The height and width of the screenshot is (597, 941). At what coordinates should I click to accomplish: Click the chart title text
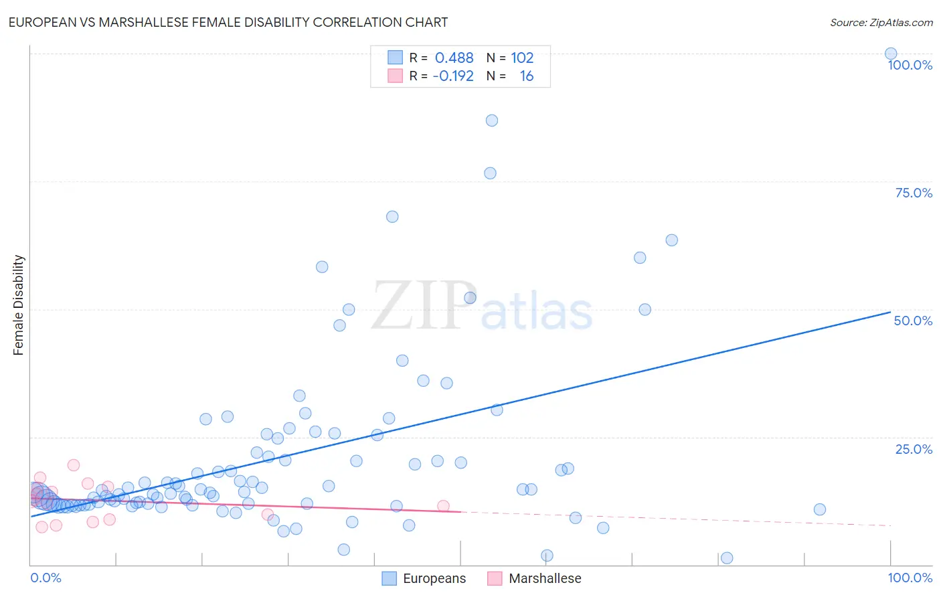click(228, 22)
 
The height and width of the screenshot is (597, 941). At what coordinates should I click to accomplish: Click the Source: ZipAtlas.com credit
click(881, 22)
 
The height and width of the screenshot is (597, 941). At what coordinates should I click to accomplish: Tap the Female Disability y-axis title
click(19, 305)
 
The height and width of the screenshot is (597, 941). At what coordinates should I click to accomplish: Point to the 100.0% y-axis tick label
click(910, 65)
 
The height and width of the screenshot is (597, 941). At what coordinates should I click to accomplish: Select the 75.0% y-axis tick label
click(914, 193)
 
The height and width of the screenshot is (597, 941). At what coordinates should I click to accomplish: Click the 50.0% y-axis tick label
click(913, 321)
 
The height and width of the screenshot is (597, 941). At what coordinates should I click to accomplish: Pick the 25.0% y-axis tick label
click(914, 449)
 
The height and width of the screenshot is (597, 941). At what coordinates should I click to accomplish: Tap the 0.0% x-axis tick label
click(46, 578)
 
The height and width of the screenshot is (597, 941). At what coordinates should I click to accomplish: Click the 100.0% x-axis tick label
click(910, 578)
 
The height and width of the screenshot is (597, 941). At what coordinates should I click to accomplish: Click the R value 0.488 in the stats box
click(454, 58)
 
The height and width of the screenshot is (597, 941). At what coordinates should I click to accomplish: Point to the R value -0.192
click(453, 76)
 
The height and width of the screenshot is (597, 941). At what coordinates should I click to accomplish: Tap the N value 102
click(522, 58)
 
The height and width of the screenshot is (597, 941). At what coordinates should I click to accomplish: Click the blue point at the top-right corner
click(891, 54)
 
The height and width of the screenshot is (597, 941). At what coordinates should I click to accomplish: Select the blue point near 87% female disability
click(492, 120)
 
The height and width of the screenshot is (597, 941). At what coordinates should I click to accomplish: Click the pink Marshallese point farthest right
click(443, 506)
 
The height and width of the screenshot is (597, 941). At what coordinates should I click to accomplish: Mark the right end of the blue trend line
click(890, 312)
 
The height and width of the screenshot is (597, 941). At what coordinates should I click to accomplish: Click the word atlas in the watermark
click(537, 313)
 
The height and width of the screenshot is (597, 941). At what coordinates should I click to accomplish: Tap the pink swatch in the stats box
click(396, 76)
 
